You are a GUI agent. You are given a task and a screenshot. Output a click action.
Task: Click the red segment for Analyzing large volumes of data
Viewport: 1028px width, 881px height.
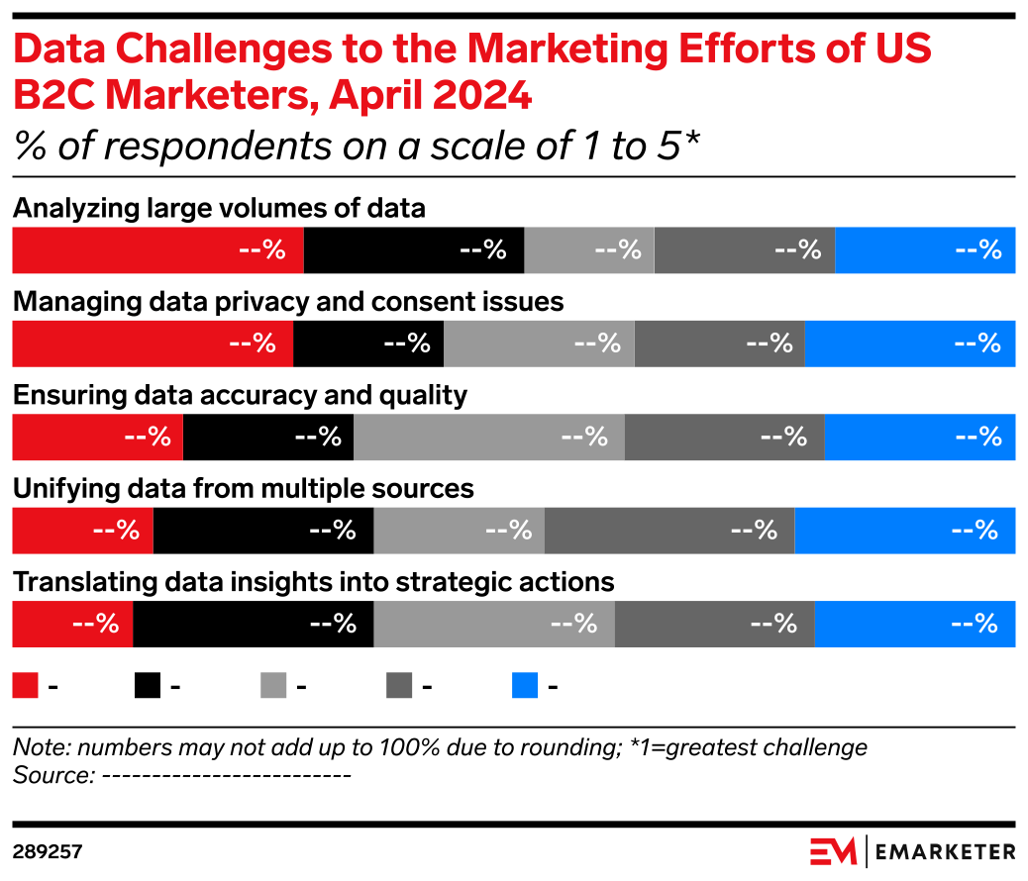[156, 250]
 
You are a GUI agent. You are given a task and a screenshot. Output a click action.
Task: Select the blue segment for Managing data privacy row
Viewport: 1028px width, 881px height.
[910, 343]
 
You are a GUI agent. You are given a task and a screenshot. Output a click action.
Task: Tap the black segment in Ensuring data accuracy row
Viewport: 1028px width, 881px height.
[268, 437]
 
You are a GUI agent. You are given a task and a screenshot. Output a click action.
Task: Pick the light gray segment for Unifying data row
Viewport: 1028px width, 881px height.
[459, 531]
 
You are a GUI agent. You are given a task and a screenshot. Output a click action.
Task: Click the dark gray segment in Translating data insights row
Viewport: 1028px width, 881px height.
[714, 624]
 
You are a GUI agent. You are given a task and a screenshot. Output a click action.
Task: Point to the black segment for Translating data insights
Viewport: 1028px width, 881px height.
[253, 624]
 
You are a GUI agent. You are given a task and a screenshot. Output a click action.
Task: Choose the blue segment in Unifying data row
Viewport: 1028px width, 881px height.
[905, 531]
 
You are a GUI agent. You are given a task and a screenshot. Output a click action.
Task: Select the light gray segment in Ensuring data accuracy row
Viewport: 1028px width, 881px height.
[488, 437]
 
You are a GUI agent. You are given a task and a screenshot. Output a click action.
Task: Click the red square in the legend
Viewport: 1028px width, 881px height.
[25, 686]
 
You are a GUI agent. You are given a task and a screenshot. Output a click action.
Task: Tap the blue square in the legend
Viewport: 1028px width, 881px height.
[525, 686]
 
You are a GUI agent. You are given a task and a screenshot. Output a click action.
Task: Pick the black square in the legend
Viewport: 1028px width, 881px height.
[148, 686]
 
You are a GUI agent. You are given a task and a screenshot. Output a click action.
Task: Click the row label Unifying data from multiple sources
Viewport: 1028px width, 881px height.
[243, 489]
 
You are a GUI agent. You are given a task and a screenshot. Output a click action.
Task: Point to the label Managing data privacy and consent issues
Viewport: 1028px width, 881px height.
[287, 302]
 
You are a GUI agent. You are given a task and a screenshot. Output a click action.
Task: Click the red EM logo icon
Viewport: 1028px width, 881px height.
[833, 851]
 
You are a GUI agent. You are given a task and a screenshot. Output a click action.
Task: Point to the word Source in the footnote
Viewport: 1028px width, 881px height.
[50, 775]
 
